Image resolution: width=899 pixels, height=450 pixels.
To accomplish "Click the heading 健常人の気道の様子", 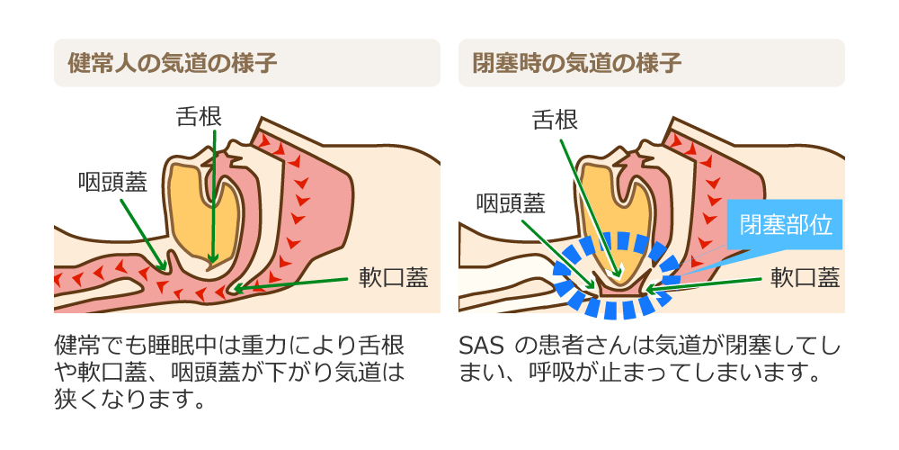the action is (x=173, y=63).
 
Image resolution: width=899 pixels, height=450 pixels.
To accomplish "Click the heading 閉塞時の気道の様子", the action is (x=577, y=63).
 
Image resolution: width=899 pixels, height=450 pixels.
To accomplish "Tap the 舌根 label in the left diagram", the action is (x=199, y=117).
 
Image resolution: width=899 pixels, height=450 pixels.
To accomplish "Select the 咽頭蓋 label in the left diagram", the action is (x=113, y=183).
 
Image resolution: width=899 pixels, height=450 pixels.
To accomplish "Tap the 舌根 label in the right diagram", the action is (x=555, y=120).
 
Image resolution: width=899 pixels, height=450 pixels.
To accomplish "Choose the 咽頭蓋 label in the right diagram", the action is (x=511, y=202).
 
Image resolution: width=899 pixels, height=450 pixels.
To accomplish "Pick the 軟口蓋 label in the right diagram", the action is (x=805, y=278).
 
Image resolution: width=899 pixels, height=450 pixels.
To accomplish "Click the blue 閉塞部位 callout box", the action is (x=784, y=224).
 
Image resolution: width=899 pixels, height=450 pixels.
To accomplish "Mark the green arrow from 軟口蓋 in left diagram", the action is (x=290, y=284).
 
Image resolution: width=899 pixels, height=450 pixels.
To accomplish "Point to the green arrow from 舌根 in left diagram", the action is (x=213, y=196).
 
